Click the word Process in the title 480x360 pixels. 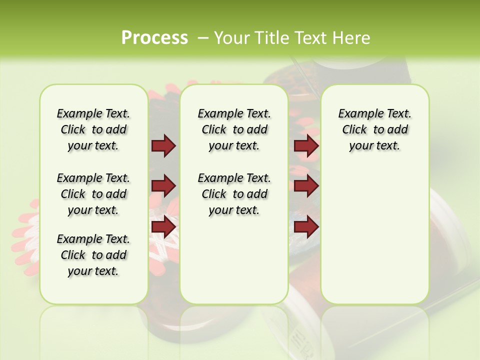pos(154,37)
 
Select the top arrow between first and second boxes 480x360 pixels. pos(163,145)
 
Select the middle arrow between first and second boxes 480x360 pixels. pos(163,186)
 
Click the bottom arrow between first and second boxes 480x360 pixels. pos(163,227)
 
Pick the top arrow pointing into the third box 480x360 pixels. pos(306,145)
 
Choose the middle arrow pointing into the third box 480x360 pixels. pos(306,186)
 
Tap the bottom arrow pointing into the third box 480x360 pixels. pos(306,227)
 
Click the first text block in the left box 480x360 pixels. pos(93,129)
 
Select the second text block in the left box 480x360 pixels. pos(93,194)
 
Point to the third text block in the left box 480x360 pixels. pos(93,255)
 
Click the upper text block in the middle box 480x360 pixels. pos(234,129)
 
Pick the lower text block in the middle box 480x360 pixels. pos(234,194)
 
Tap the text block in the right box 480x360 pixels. pos(374,129)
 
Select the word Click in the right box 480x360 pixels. pos(354,130)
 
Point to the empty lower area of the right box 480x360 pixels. pos(374,235)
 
